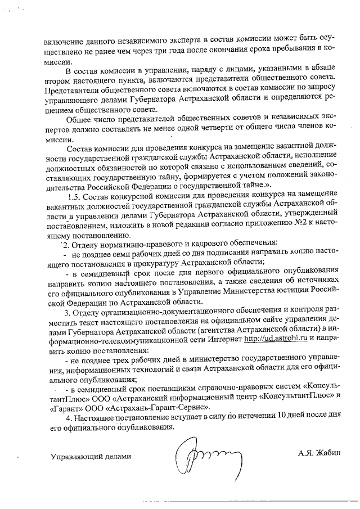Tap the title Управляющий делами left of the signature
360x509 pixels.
click(91, 456)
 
